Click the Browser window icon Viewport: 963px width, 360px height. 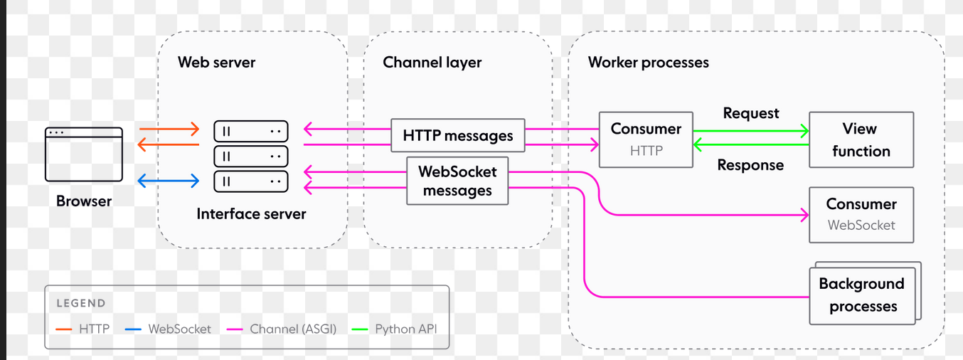coord(84,154)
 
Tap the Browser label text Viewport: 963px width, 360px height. coord(84,201)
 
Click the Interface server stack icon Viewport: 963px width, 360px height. coord(251,156)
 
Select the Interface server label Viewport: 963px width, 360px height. coord(251,213)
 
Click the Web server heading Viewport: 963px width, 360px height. coord(216,62)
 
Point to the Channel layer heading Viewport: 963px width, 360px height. coord(432,62)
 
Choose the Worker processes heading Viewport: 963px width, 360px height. coord(648,62)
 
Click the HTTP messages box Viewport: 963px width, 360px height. coord(458,135)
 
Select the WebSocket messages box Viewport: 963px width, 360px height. coord(457,181)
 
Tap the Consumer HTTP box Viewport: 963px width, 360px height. coord(646,139)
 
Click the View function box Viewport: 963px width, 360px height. coord(861,139)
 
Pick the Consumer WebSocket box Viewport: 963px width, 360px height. coord(861,214)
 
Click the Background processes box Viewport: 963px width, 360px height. coord(861,295)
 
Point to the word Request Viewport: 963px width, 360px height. coord(751,113)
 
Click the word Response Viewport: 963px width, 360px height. coord(750,165)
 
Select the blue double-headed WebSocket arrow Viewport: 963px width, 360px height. coord(168,181)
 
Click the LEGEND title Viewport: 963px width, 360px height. coord(81,303)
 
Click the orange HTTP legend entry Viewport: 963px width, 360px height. coord(84,329)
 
